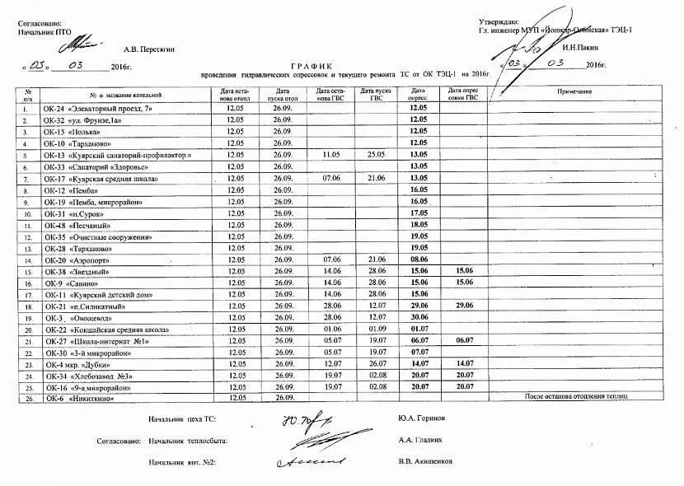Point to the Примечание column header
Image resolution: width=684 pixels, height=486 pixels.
574,91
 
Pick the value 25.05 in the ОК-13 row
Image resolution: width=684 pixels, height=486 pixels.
377,155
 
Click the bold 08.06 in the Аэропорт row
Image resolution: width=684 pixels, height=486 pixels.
418,259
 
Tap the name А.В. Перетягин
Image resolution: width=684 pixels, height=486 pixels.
149,49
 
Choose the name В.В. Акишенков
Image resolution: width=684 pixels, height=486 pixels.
425,462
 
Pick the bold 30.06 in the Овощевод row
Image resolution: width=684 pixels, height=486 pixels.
418,317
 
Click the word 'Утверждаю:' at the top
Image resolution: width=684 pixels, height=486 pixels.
499,21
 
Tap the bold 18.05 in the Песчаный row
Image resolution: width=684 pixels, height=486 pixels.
418,225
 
